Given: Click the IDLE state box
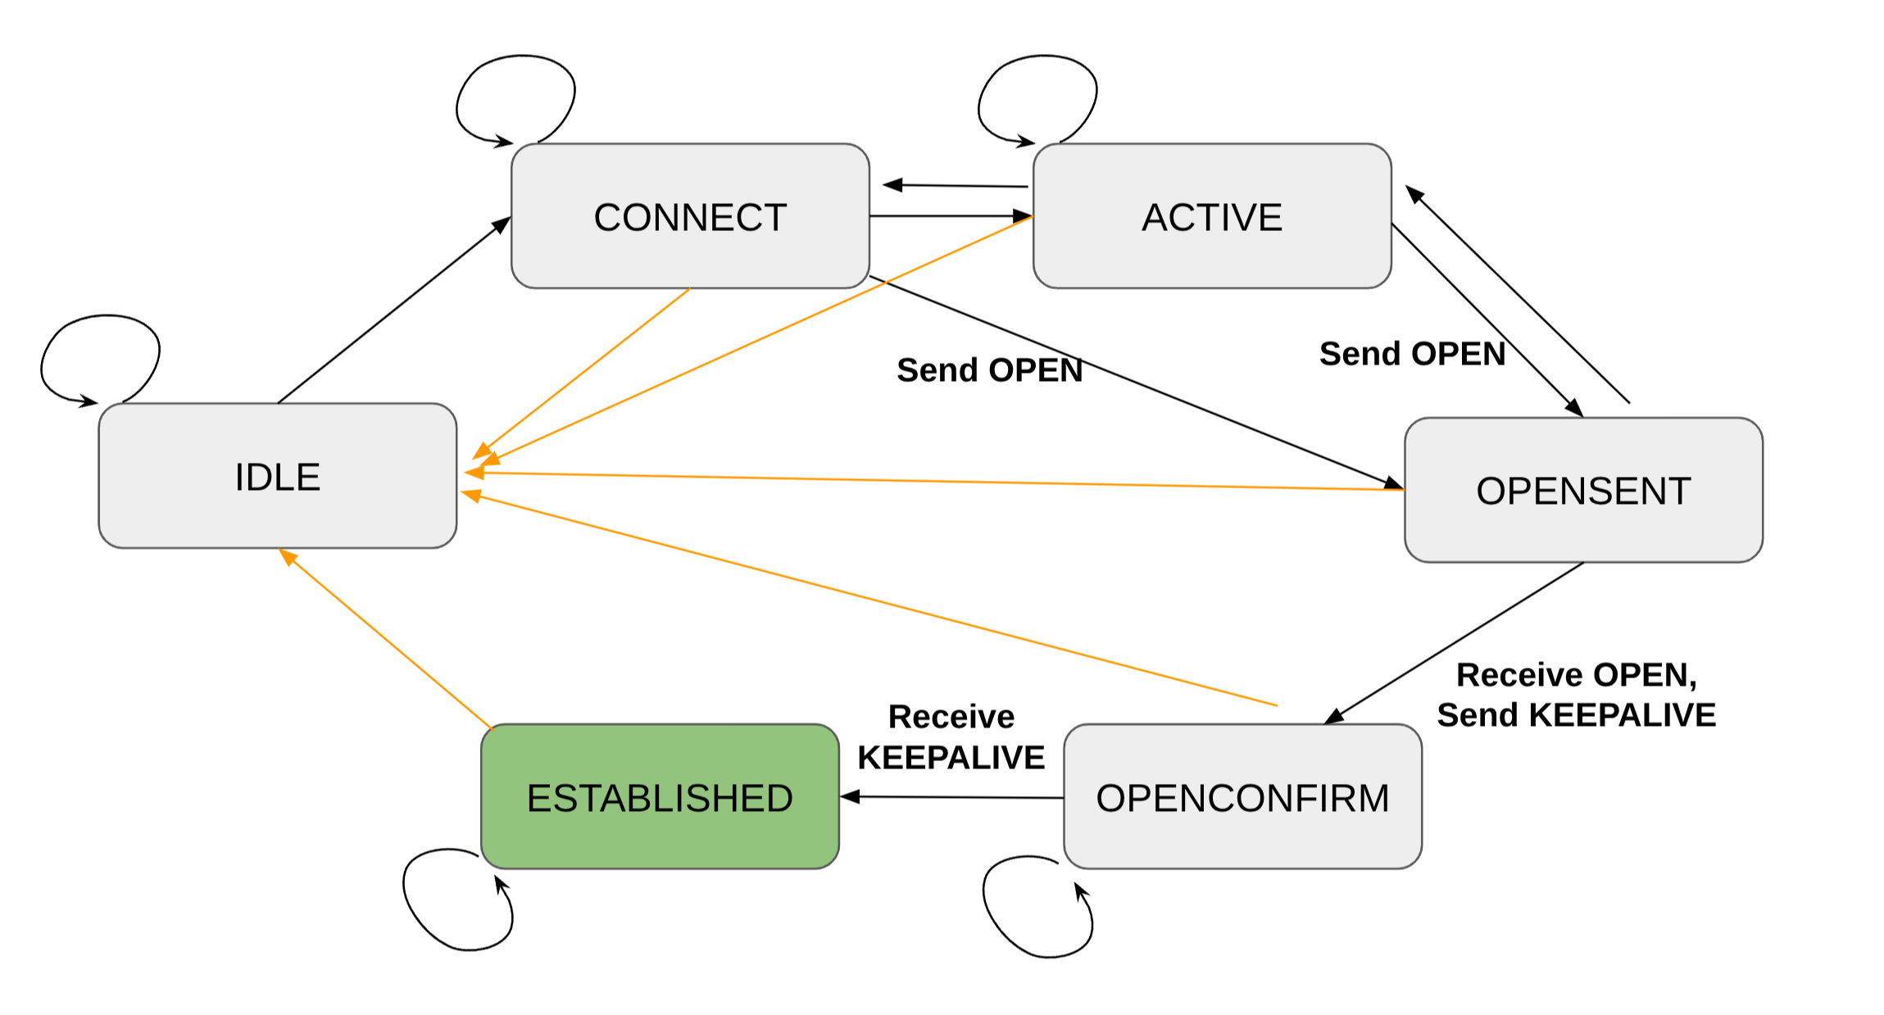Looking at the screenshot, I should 277,476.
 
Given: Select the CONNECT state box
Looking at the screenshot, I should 690,216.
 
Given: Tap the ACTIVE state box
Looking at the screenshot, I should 1212,216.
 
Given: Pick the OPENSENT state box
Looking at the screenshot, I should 1583,490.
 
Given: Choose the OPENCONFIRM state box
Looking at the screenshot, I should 1242,796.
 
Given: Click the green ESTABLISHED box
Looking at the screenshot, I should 660,796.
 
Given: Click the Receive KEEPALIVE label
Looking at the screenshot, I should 951,736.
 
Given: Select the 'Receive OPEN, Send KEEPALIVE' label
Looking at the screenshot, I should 1576,695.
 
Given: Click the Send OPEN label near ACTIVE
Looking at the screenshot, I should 1411,354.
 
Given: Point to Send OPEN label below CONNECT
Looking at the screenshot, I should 989,369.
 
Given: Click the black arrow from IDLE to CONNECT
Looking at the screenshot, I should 393,311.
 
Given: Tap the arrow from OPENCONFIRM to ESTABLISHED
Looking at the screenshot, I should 951,796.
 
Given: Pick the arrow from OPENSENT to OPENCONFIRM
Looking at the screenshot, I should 1455,643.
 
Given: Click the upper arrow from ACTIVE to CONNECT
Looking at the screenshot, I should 955,186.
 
